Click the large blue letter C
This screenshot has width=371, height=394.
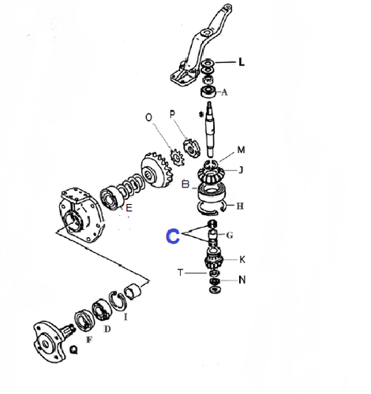[173, 236]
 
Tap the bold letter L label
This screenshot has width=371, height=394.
[242, 62]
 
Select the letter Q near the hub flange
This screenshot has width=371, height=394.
[74, 350]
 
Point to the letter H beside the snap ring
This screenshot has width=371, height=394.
[240, 206]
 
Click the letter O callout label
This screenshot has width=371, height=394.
[148, 117]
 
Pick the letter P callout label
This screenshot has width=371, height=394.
[172, 114]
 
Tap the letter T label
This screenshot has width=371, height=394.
[180, 273]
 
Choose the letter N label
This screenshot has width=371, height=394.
[242, 280]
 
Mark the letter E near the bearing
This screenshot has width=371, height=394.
[129, 208]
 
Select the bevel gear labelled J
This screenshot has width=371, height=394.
[210, 174]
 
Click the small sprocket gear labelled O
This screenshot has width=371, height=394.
[177, 158]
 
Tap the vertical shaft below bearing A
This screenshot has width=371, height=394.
[211, 128]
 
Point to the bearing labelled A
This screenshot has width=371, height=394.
[208, 91]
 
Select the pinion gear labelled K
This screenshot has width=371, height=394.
[214, 260]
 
